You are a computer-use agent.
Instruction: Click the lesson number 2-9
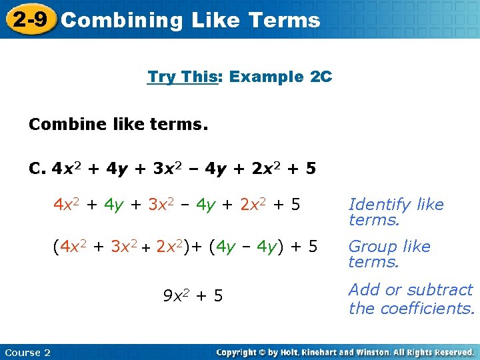(x=29, y=19)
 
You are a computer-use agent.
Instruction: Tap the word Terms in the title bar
(x=285, y=20)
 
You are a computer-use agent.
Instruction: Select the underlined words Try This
(x=183, y=77)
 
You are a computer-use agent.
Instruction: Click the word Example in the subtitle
(x=266, y=77)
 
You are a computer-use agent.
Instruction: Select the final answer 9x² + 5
(x=193, y=295)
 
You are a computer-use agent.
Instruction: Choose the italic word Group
(x=371, y=247)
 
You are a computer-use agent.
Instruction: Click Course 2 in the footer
(x=27, y=352)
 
